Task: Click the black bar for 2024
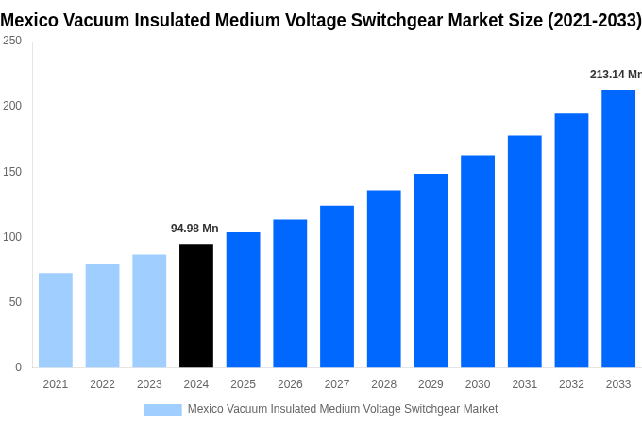pos(196,305)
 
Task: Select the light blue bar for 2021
pos(56,320)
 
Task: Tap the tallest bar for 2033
pos(618,229)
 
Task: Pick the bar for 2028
pos(383,279)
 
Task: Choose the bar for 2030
pos(478,262)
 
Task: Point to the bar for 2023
pos(149,311)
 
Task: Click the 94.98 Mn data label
pos(194,229)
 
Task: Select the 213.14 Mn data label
pos(615,75)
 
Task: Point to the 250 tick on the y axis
pos(12,41)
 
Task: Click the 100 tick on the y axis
pos(12,237)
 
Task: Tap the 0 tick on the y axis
pos(18,367)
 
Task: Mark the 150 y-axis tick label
pos(12,172)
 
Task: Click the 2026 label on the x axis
pos(290,384)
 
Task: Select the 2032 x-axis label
pos(571,384)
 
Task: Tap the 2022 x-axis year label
pos(102,384)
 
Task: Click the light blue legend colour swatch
pos(162,409)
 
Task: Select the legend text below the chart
pos(342,409)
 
